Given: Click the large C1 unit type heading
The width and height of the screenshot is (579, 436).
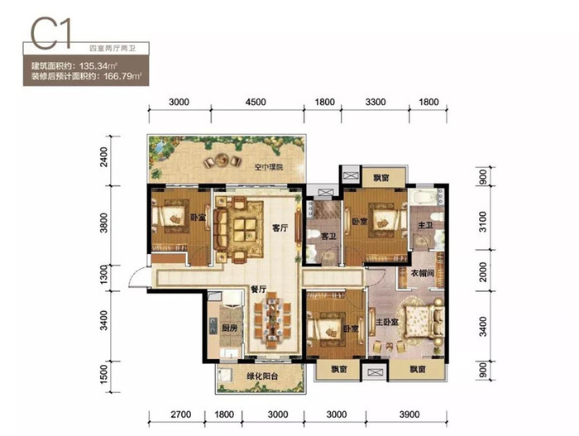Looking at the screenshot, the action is pos(50,35).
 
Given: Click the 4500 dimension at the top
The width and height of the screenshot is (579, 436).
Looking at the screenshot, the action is pos(256,102).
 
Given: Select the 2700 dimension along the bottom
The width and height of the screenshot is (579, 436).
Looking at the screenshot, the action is pos(181,414).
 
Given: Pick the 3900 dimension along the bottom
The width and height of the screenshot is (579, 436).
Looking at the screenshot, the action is pos(409,414).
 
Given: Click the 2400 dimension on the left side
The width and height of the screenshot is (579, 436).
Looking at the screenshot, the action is pos(104,157).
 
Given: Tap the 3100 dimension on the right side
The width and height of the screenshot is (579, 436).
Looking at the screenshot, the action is pos(482,222).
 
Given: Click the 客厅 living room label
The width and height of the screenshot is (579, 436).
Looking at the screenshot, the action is pos(280,228).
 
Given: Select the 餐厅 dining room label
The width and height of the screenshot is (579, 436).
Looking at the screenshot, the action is pos(258,290).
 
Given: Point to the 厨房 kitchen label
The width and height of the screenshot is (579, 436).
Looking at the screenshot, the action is pos(229,328).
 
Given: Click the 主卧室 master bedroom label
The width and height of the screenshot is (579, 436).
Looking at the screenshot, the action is pos(387,322).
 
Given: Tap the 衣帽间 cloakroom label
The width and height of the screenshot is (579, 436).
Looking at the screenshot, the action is pos(423,273).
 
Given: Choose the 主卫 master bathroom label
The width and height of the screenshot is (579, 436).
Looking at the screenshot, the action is pos(425,225).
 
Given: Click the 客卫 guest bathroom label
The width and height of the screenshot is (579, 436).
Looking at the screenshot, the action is pos(328,236).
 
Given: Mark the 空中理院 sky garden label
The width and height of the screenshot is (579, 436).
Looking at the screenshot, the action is pos(269,167).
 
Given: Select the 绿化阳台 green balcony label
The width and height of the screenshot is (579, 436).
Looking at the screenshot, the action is pos(262,376).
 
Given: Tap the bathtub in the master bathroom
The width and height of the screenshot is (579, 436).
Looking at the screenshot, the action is pos(423,197).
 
